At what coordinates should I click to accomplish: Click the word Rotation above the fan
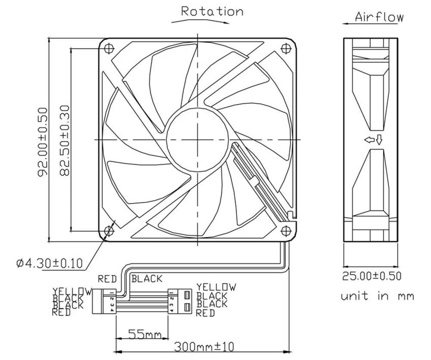point(212,12)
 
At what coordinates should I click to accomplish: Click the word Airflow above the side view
point(379,17)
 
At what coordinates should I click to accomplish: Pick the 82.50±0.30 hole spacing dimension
point(64,140)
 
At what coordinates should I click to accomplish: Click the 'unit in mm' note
point(377,296)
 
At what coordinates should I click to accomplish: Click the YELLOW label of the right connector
point(216,287)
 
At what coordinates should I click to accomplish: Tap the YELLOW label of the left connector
point(72,291)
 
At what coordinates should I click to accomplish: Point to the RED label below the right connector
point(205,313)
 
